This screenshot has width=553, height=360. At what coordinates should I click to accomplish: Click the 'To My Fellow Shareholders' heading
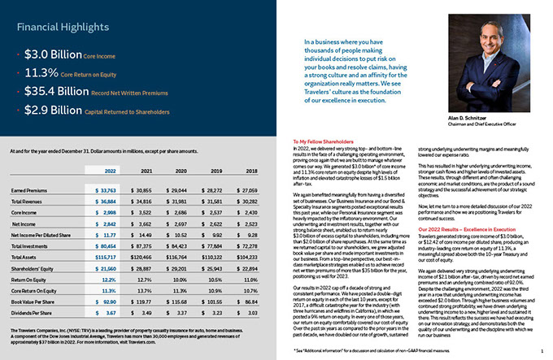(x=321, y=142)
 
